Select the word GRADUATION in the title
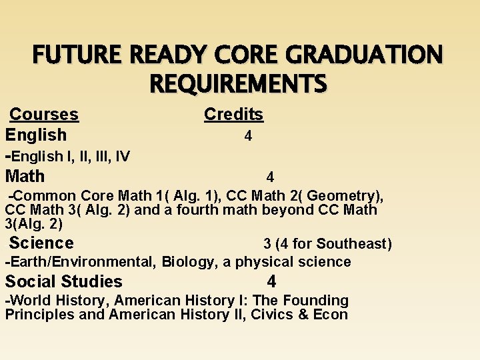point(365,55)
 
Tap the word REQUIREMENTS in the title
point(239,85)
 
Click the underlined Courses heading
point(45,115)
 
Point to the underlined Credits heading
point(233,115)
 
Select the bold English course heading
point(36,135)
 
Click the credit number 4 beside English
point(248,136)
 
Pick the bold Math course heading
point(25,177)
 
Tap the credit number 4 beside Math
point(270,177)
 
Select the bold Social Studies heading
point(64,281)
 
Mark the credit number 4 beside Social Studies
point(271,281)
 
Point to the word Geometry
point(345,196)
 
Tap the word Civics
point(271,315)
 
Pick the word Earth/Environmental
point(80,262)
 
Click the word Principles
point(39,315)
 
